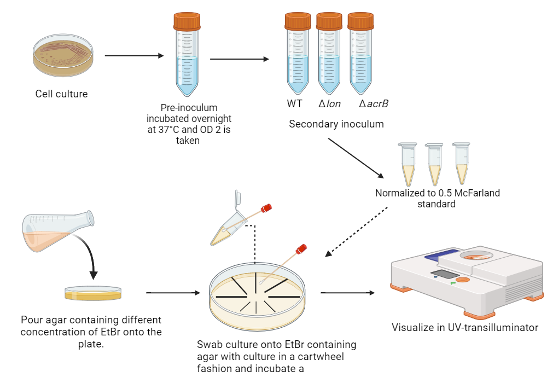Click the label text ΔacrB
(x=374, y=104)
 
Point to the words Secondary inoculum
(x=336, y=124)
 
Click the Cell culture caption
(x=61, y=94)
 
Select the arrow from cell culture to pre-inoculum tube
(x=133, y=56)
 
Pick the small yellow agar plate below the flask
(x=93, y=293)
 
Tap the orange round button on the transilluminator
(x=462, y=280)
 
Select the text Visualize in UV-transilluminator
(x=465, y=328)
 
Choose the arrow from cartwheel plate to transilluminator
(x=348, y=293)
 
